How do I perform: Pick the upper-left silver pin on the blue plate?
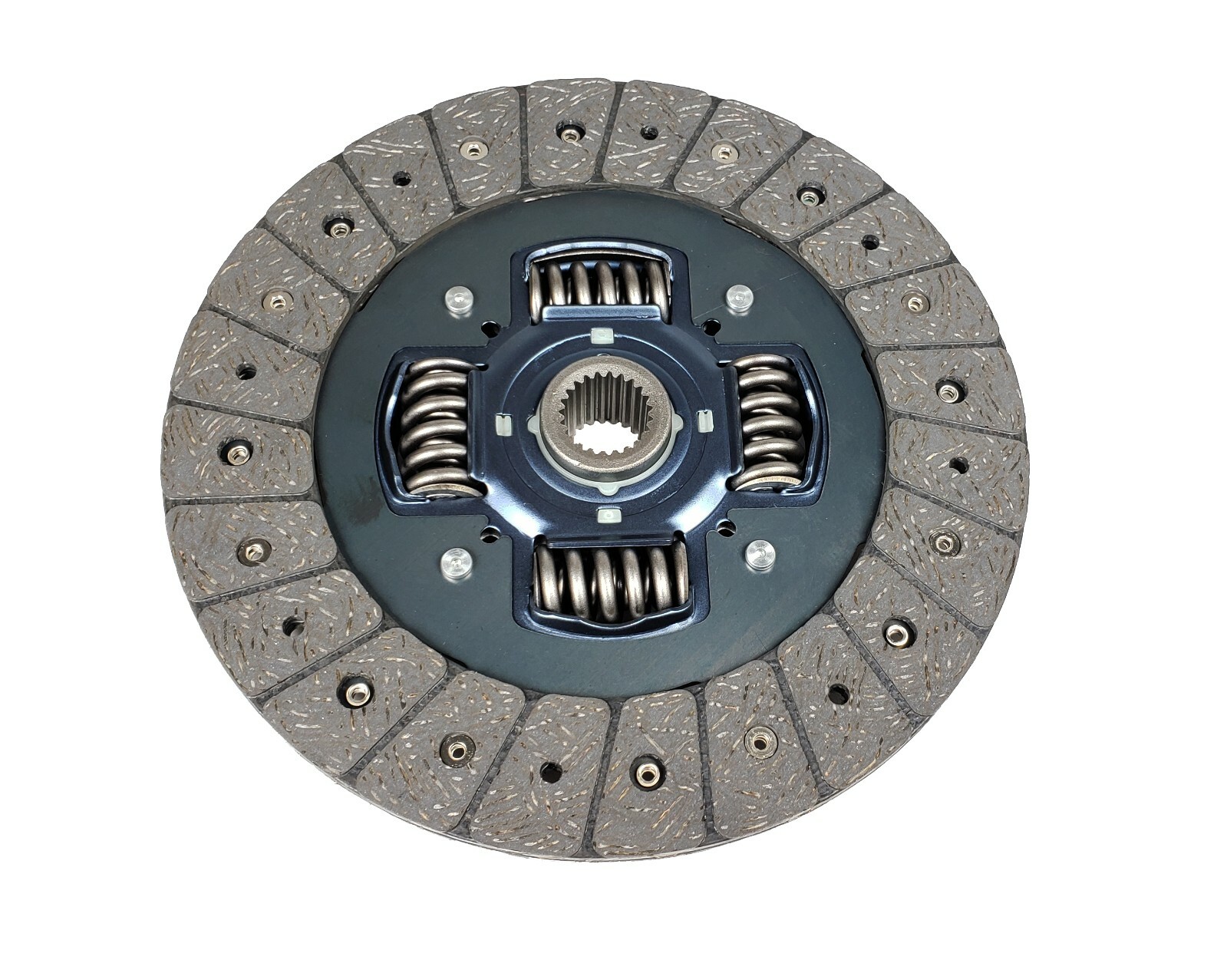point(458,298)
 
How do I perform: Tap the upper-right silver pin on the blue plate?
point(737,297)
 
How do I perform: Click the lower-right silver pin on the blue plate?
point(758,554)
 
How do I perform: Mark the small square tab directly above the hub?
point(601,335)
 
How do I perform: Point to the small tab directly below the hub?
point(609,514)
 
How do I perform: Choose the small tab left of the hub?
point(503,424)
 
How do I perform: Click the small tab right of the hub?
point(704,420)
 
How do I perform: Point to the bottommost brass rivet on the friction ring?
point(648,774)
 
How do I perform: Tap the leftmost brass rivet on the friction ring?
point(238,454)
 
